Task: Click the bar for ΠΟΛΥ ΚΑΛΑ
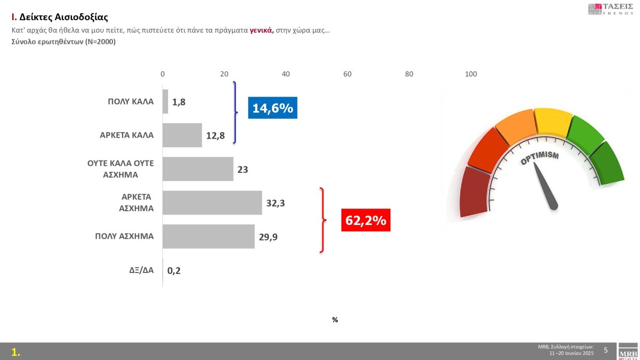(165, 101)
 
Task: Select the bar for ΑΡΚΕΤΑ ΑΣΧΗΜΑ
(212, 203)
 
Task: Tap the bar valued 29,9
(209, 236)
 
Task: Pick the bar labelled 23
(198, 169)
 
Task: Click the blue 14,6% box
(273, 108)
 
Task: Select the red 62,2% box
(365, 220)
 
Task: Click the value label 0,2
(174, 270)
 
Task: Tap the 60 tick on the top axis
(347, 74)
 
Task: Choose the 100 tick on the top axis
(471, 74)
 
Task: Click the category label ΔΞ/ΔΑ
(141, 270)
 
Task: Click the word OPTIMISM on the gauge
(540, 158)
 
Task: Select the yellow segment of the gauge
(552, 121)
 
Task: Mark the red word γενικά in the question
(261, 30)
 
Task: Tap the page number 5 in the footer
(605, 350)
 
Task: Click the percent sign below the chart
(335, 320)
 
